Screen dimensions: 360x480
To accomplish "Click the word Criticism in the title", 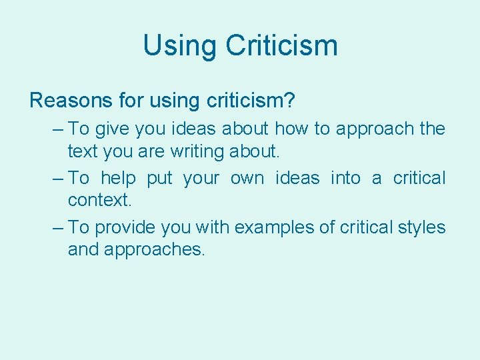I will point(281,45).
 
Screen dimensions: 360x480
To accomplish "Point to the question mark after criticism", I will point(289,101).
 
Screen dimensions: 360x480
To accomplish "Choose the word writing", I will point(198,151).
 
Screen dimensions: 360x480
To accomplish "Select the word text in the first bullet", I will point(83,151).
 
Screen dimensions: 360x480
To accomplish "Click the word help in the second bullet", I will point(119,178).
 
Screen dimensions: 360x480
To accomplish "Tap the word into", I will point(345,178).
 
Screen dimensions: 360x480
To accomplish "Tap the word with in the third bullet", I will point(211,227).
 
